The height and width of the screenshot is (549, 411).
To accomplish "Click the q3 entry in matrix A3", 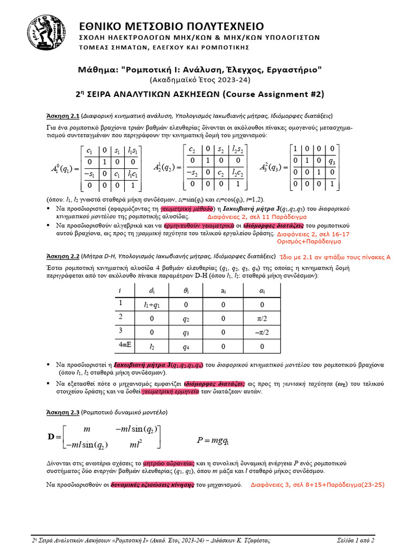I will pyautogui.click(x=332, y=161).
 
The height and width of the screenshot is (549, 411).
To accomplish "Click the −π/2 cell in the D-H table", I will pyautogui.click(x=262, y=332).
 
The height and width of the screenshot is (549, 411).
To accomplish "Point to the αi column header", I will pyautogui.click(x=262, y=290).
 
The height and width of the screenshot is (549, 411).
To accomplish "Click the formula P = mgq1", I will pyautogui.click(x=212, y=441).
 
